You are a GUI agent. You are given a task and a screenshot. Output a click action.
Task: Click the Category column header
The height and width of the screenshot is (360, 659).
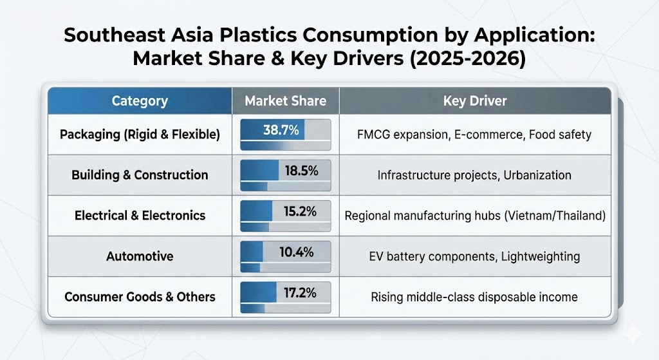140,101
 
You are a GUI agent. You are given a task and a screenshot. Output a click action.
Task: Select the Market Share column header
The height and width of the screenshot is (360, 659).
285,101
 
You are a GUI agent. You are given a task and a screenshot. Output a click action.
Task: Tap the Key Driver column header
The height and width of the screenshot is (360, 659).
475,101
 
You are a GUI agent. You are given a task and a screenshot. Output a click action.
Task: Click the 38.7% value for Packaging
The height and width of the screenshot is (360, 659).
281,131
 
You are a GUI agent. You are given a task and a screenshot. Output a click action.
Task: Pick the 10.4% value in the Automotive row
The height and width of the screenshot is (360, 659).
297,252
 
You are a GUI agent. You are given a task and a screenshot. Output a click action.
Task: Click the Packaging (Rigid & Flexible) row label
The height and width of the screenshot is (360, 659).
140,135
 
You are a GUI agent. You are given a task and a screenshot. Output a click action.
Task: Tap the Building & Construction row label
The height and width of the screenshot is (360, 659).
140,175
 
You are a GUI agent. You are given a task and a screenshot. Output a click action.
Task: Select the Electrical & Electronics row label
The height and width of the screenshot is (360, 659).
140,216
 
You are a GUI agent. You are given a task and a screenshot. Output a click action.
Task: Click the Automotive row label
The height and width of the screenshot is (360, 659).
140,256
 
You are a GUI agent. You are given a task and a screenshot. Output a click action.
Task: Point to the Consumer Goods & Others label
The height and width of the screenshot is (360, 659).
140,297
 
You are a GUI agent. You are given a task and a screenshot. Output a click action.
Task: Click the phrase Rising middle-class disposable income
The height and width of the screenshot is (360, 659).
474,297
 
